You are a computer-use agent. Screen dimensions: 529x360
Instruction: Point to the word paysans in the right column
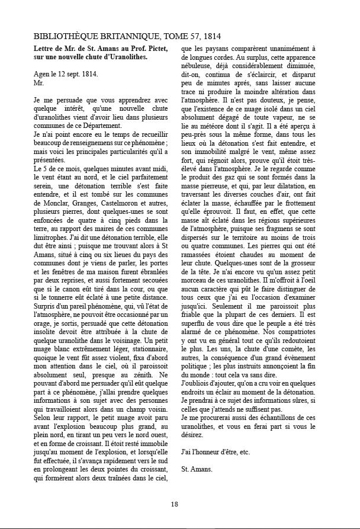217,48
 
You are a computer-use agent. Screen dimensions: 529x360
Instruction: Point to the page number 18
175,504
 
